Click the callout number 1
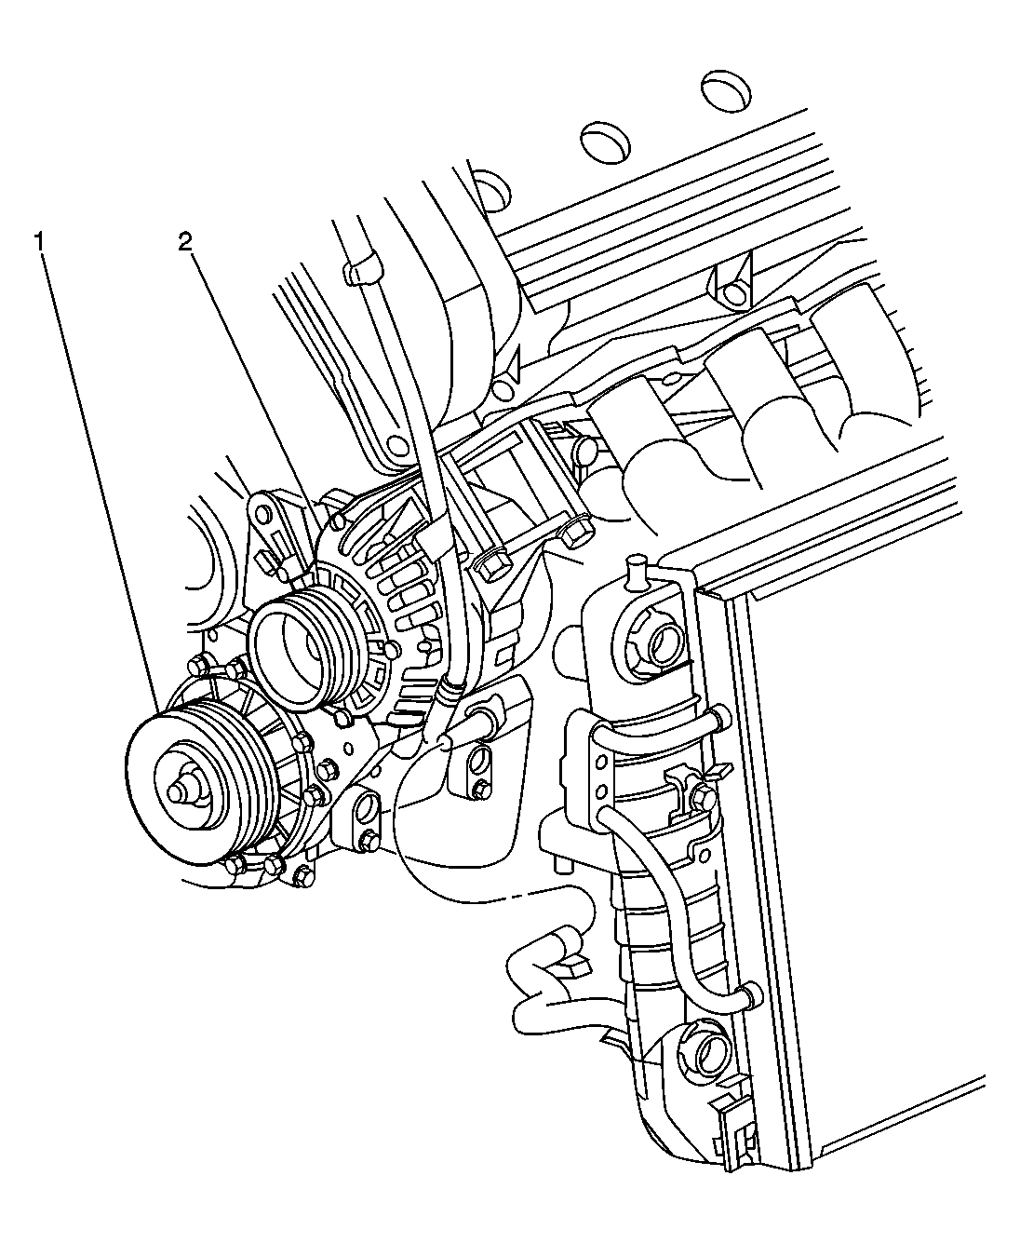pos(40,241)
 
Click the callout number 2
pos(185,243)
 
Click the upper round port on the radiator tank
pos(666,641)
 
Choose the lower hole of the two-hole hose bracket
pos(602,792)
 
